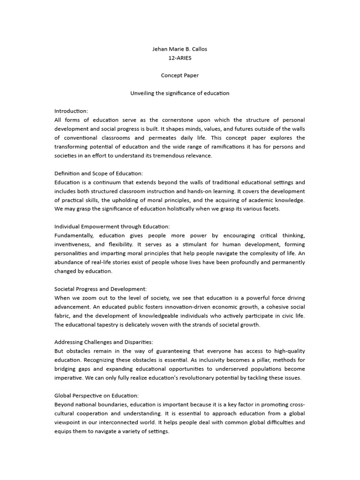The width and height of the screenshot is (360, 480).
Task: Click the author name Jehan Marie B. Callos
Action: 180,48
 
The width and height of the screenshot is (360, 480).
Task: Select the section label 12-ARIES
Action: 180,57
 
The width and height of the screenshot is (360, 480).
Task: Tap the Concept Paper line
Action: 180,75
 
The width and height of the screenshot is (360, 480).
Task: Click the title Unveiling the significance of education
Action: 180,93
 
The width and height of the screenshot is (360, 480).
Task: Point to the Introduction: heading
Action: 71,111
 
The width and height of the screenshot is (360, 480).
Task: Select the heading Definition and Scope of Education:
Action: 98,173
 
